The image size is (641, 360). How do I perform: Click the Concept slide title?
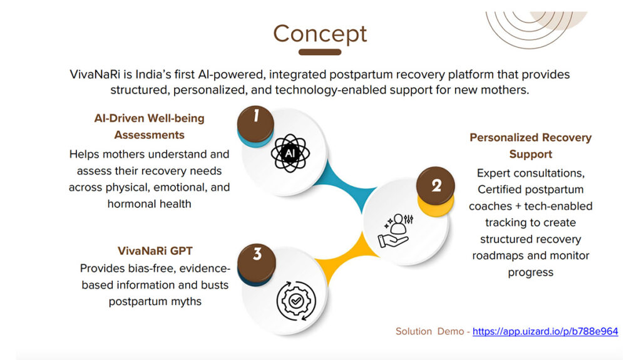coord(320,34)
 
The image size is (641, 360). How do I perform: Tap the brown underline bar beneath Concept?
coord(320,52)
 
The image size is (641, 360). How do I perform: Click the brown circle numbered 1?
coord(255,123)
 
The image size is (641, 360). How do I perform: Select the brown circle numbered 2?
coord(436,186)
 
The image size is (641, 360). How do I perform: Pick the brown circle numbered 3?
coord(256,263)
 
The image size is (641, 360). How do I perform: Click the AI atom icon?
coord(290,153)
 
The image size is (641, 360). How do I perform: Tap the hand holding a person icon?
coord(396,231)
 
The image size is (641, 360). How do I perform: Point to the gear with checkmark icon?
coord(296,301)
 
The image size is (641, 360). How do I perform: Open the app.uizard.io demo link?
coord(545,331)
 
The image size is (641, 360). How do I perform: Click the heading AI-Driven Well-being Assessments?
coord(149,126)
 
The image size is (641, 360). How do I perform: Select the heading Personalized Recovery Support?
coord(531,146)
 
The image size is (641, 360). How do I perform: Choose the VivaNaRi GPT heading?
coord(155,251)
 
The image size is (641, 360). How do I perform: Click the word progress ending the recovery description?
coord(531,273)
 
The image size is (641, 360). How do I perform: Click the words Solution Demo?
coord(429,331)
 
